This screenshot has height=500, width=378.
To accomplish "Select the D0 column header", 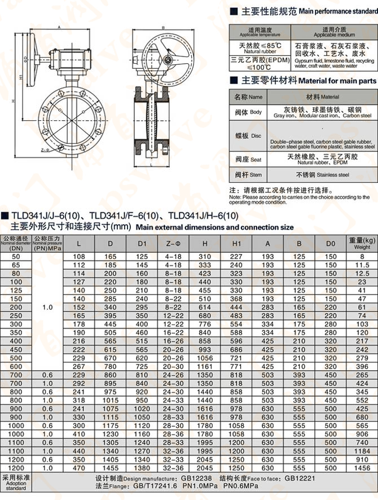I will point(331,243).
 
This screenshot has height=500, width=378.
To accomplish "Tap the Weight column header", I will point(362,243).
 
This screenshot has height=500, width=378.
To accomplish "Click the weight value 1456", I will point(362,468).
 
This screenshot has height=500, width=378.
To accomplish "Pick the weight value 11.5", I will point(362,265).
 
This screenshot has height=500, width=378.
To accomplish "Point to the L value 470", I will point(79,468).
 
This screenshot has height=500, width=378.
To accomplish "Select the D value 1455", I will point(111,468).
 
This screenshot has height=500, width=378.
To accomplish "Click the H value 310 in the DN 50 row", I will point(204,256).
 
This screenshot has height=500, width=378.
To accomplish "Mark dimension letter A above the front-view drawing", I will point(59,27).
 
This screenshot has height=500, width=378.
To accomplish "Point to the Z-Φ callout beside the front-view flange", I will point(45,150).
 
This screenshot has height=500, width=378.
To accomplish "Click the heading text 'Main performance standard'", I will point(337,11).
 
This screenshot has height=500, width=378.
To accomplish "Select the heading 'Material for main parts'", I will point(337,81).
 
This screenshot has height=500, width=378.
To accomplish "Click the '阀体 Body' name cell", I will point(248,112).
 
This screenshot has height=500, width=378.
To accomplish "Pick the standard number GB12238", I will point(194,477).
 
